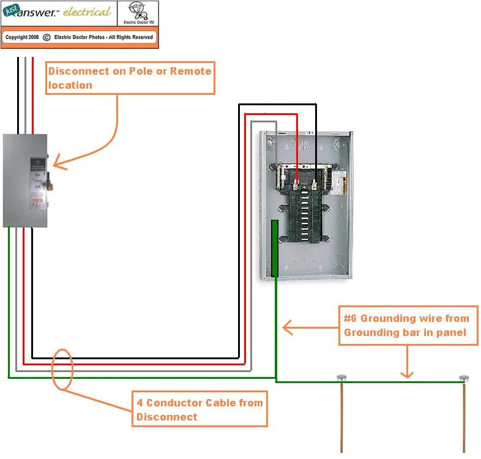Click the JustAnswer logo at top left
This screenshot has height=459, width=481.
33,12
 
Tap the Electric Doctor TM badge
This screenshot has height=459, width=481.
138,13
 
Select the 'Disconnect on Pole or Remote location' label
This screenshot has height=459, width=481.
130,78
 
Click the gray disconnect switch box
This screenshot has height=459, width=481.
24,181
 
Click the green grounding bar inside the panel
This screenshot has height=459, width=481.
275,248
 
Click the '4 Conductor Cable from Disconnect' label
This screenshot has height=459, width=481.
199,409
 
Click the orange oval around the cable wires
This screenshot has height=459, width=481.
62,369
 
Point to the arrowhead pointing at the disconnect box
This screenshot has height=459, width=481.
57,163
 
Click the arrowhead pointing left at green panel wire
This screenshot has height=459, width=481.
286,329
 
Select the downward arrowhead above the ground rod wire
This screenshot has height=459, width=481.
407,374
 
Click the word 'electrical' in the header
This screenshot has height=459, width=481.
88,12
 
